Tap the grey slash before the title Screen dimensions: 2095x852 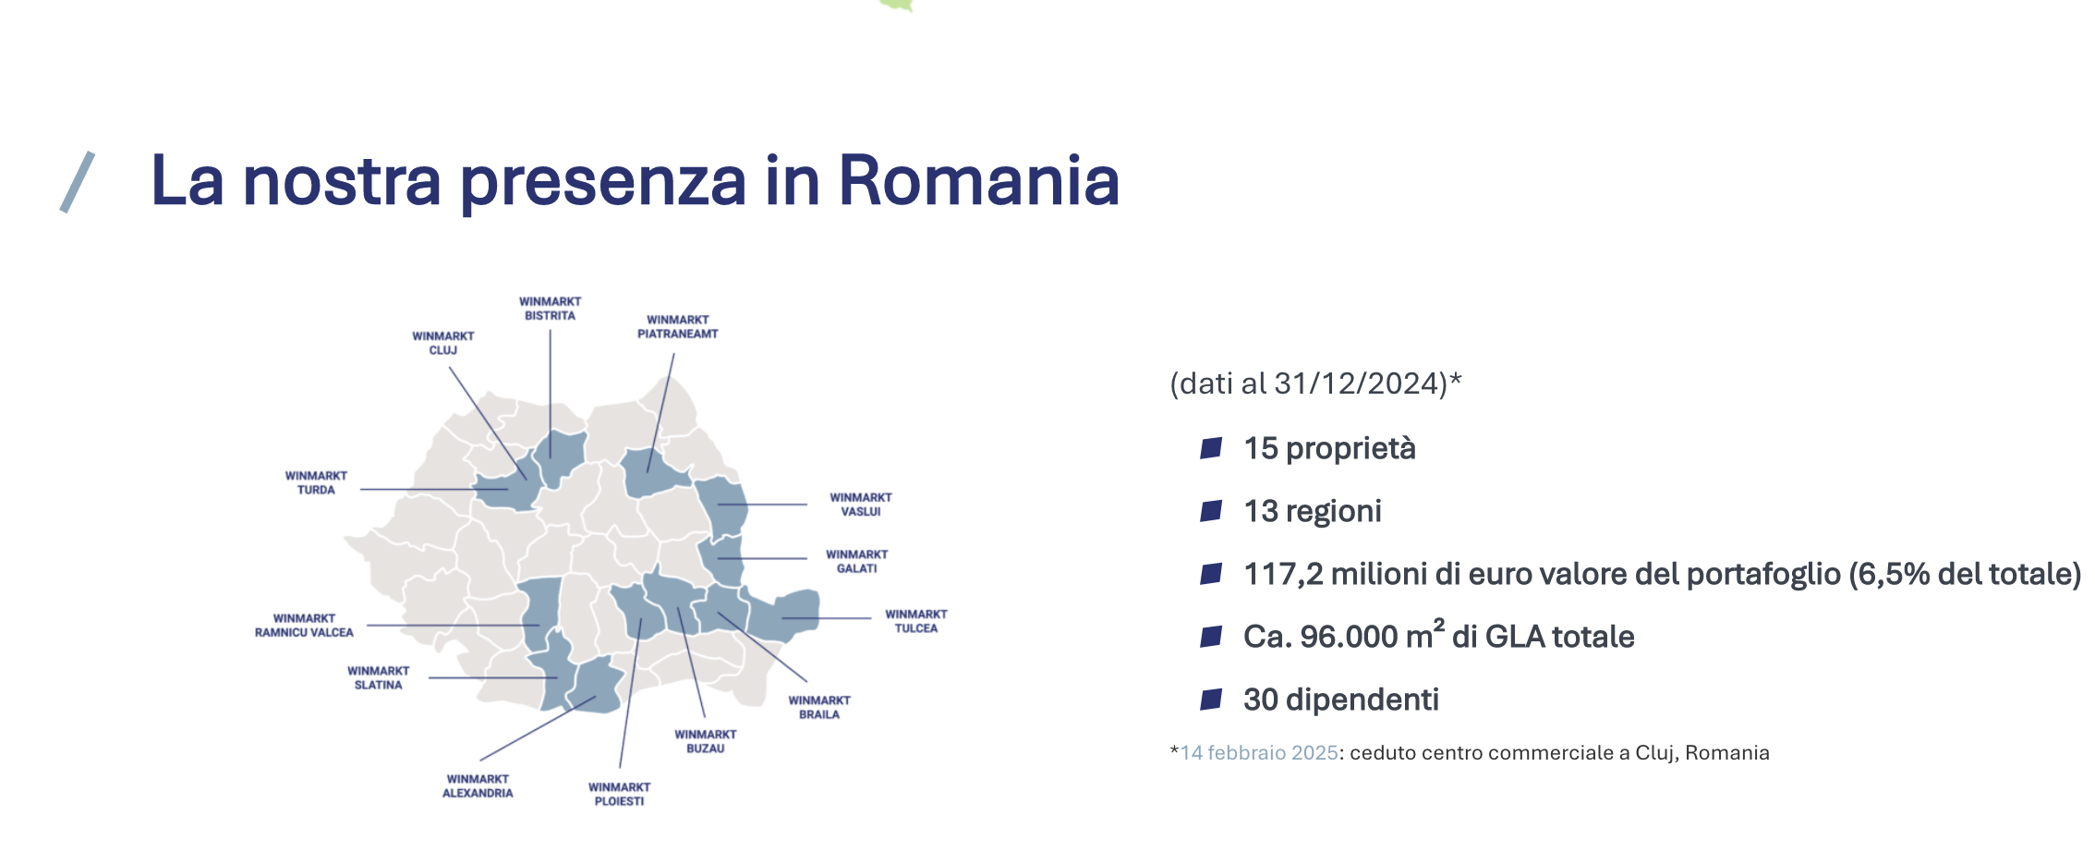pos(78,182)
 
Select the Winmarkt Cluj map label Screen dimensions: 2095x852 pos(443,343)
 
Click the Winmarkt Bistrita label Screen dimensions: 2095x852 pos(550,309)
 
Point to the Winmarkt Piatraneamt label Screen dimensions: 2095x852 pos(678,327)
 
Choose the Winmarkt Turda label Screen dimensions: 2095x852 pos(316,483)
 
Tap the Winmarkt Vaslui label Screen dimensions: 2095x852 pos(861,505)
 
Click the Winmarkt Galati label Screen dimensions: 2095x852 pos(857,562)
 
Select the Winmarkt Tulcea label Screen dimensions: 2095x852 pos(916,621)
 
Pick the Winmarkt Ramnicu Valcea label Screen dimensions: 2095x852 pos(304,626)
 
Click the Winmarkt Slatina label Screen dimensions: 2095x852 pos(379,678)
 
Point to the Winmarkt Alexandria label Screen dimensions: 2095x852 pos(478,786)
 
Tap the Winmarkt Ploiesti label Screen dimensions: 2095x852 pos(620,795)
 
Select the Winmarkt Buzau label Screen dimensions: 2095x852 pos(706,742)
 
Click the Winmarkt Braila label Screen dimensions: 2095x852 pos(819,708)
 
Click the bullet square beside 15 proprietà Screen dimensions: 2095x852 pos(1211,449)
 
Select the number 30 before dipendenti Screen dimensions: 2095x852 pos(1260,700)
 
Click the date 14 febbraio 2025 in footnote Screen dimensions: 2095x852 pos(1259,753)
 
